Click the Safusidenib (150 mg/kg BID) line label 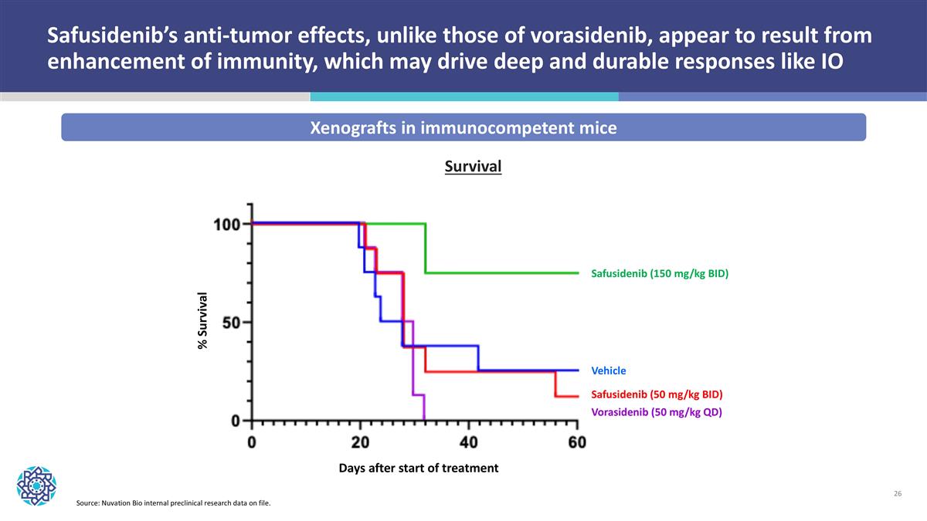click(x=660, y=274)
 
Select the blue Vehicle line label click(x=608, y=370)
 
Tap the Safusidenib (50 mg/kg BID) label click(x=657, y=394)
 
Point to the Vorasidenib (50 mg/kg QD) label click(x=656, y=412)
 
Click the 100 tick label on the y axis click(x=227, y=225)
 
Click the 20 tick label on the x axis click(x=360, y=443)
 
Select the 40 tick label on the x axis click(x=468, y=443)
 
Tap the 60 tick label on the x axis click(x=577, y=443)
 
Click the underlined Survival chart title click(x=473, y=167)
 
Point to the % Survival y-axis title click(x=203, y=320)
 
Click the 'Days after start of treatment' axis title click(x=418, y=468)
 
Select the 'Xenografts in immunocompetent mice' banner click(x=463, y=128)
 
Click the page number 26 click(x=897, y=493)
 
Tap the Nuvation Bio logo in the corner click(x=36, y=485)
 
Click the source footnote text click(x=174, y=504)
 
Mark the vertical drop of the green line click(x=426, y=249)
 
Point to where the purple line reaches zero click(x=424, y=420)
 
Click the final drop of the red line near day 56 click(x=555, y=384)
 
